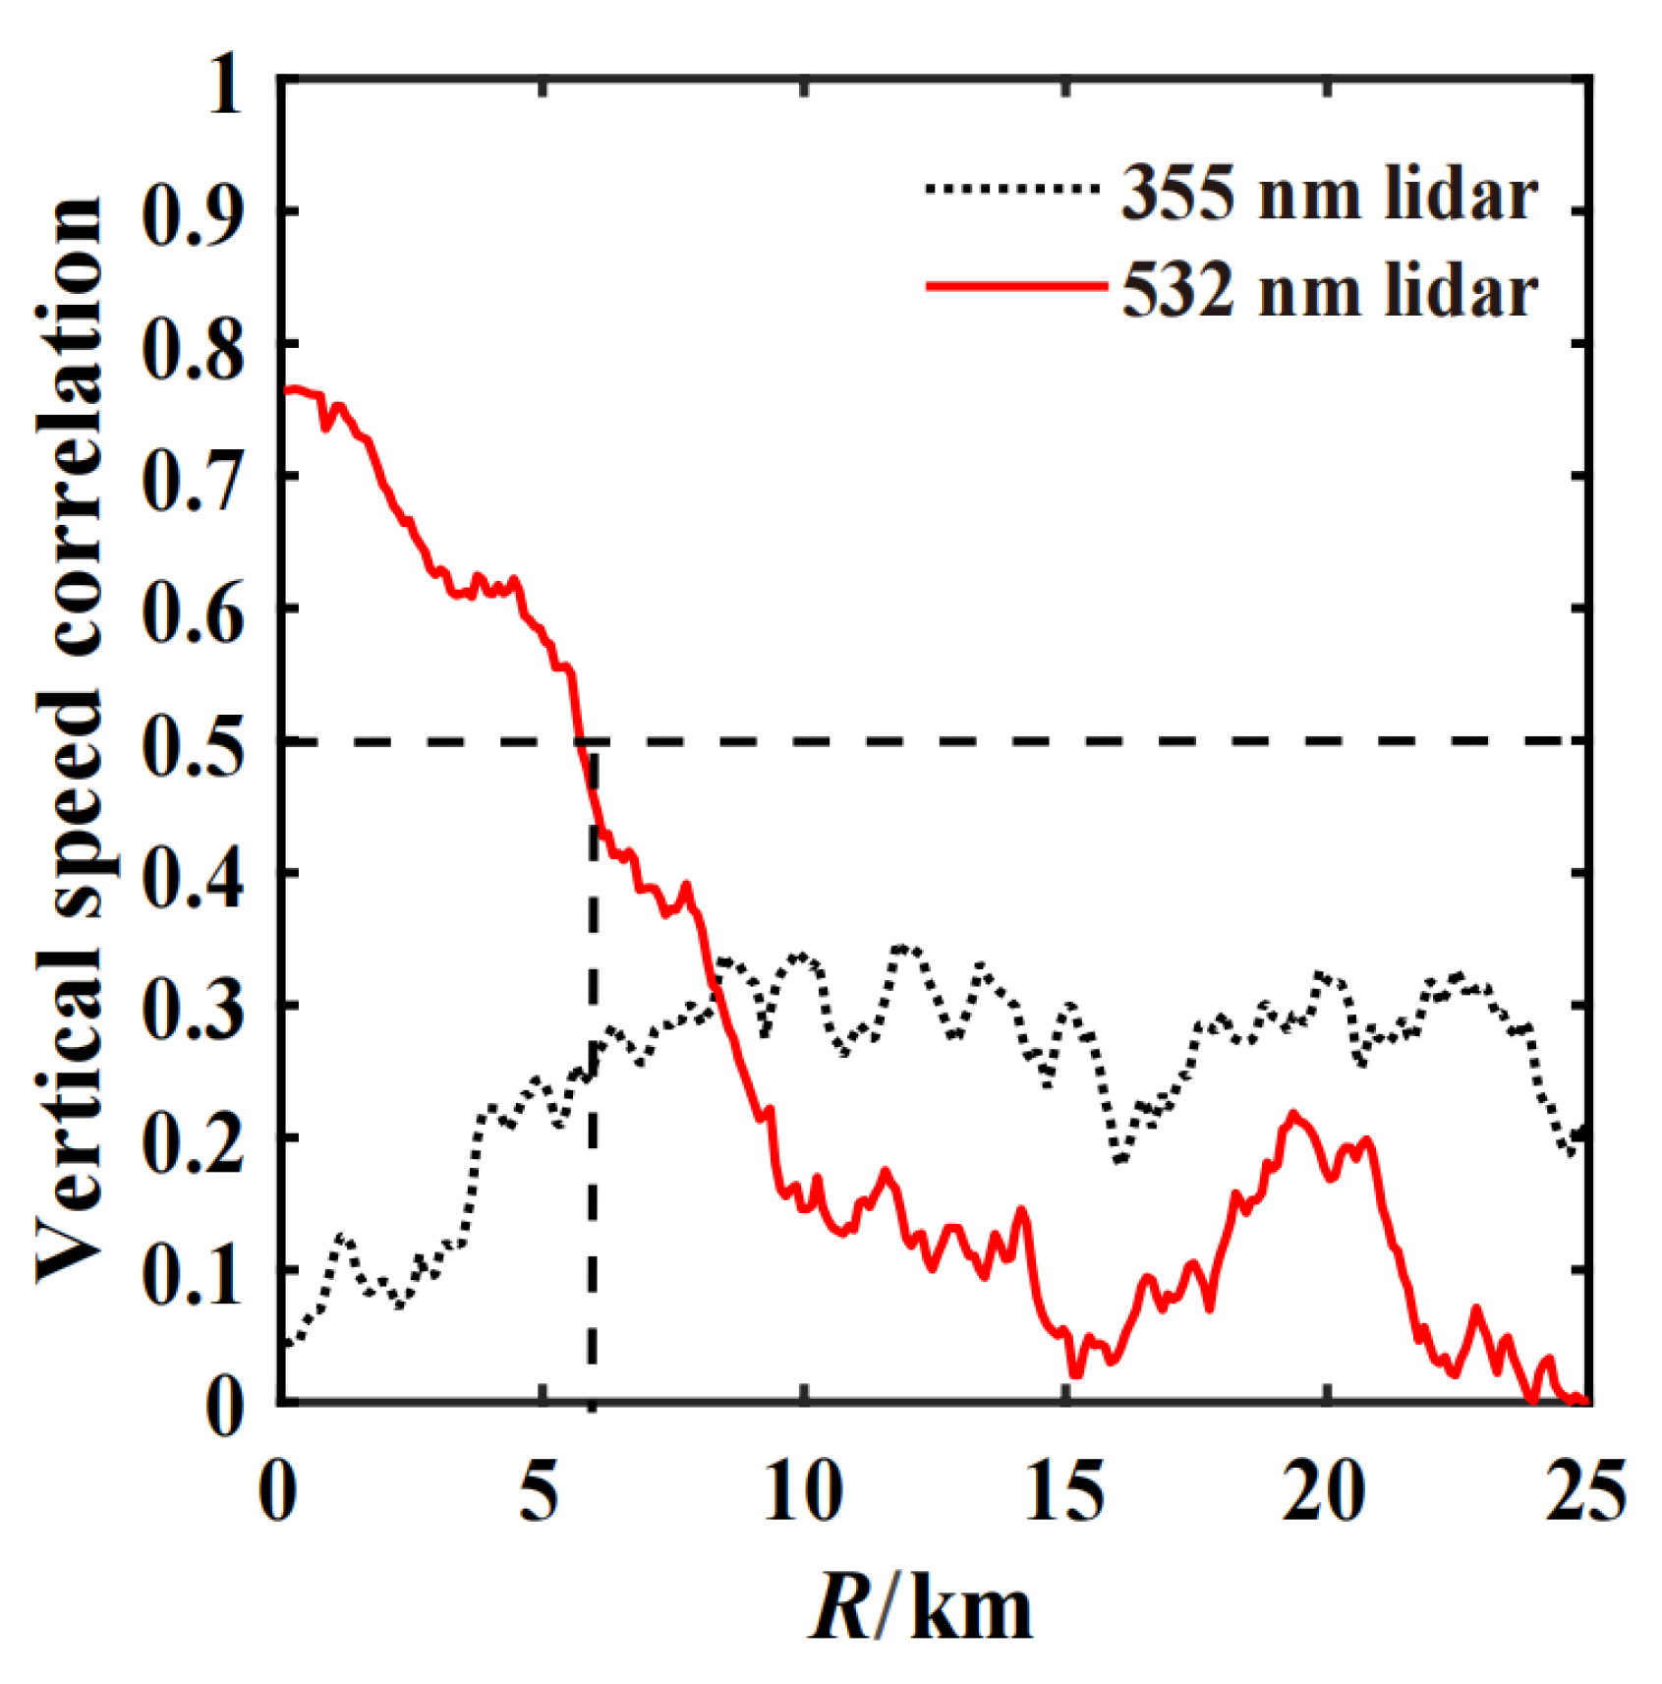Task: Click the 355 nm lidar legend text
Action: click(1329, 194)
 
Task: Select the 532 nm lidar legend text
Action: click(1329, 292)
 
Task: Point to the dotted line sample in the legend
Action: click(1011, 188)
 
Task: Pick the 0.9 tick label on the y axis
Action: click(192, 210)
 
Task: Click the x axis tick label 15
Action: click(1064, 1491)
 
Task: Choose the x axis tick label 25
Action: click(1585, 1491)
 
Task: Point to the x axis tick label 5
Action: click(540, 1491)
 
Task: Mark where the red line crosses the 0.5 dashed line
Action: click(580, 740)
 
